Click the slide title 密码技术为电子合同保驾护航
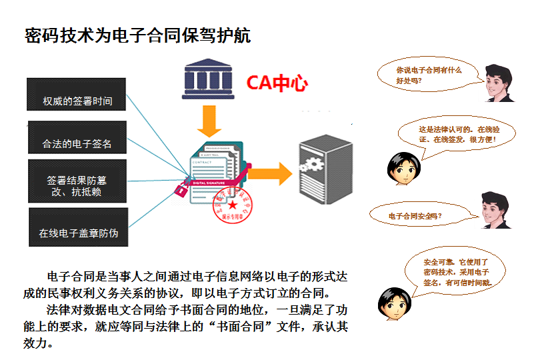137,35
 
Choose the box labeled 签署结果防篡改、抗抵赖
77,181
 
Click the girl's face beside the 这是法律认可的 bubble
401,167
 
